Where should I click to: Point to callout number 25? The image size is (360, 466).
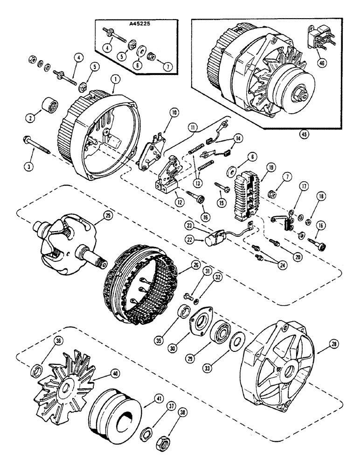pyautogui.click(x=99, y=216)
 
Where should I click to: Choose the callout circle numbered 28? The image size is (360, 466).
pyautogui.click(x=334, y=344)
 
